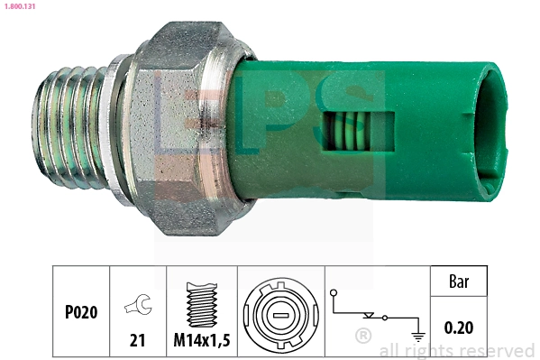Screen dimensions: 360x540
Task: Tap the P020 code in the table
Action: click(x=81, y=312)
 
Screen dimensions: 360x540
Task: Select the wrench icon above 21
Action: click(x=137, y=306)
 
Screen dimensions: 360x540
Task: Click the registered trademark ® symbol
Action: click(x=363, y=338)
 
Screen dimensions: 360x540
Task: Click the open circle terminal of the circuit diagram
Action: click(x=334, y=294)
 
